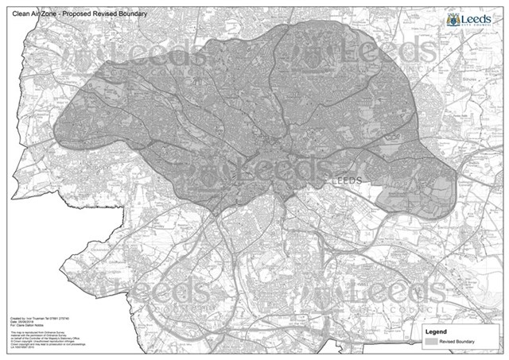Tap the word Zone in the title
point(49,13)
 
